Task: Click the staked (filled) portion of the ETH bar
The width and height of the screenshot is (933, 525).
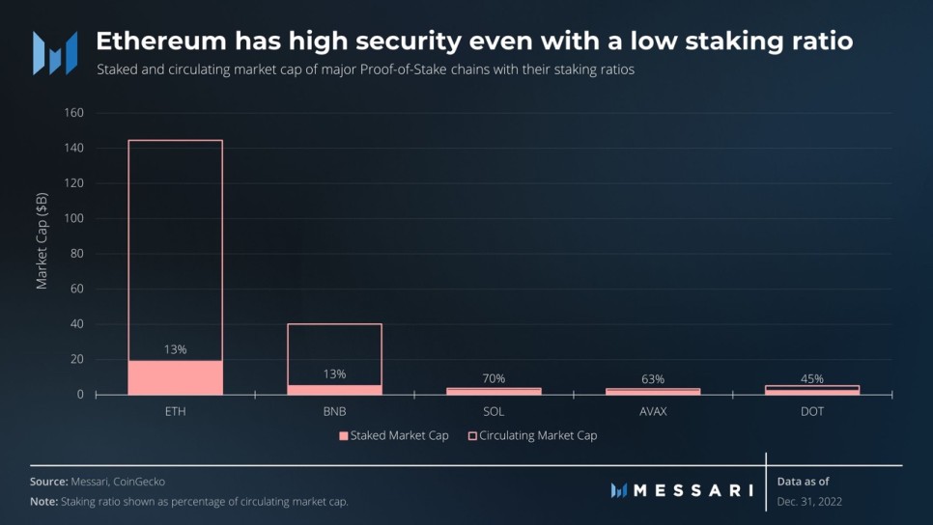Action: click(x=175, y=377)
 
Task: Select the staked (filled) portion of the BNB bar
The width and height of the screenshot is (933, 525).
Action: click(x=335, y=390)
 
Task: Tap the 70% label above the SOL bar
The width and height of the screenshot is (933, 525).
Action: click(x=494, y=378)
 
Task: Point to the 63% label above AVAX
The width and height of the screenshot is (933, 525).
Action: click(x=653, y=379)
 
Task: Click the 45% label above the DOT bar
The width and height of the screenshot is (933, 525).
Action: click(x=811, y=378)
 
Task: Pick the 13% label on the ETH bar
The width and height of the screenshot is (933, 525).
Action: click(x=175, y=350)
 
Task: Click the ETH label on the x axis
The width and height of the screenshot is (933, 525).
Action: click(x=175, y=411)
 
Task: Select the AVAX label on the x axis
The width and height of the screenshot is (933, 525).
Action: click(x=653, y=411)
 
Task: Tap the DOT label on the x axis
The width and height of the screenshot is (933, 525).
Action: click(x=811, y=411)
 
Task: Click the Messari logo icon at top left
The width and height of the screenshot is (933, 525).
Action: click(x=54, y=52)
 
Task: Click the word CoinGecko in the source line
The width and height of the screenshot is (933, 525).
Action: click(x=152, y=481)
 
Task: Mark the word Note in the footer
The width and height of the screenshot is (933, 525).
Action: click(x=43, y=502)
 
